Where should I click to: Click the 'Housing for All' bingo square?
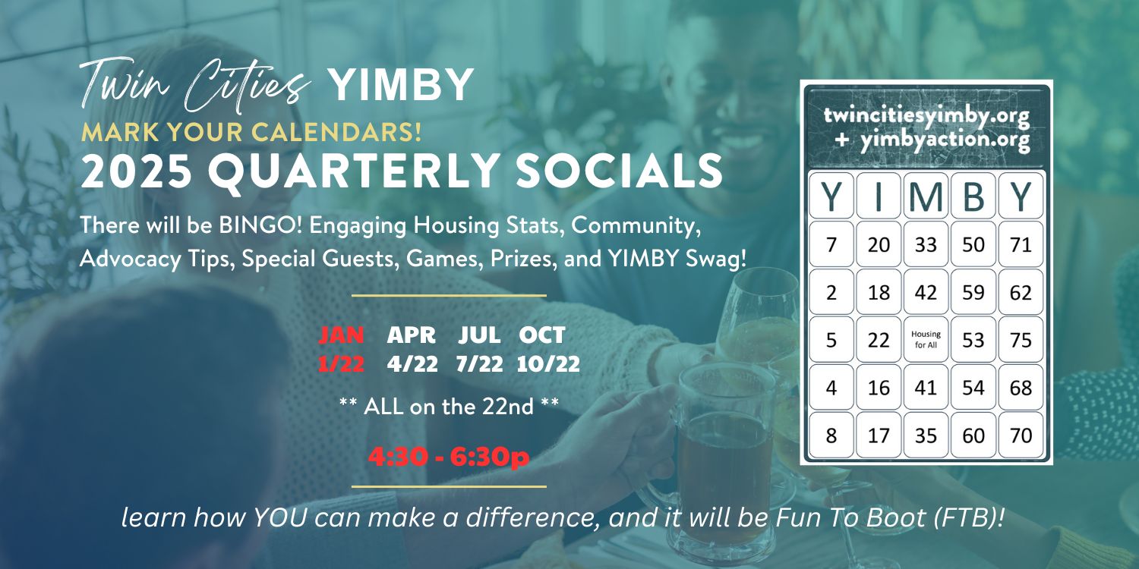926,339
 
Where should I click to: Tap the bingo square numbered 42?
926,292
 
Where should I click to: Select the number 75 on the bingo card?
1021,339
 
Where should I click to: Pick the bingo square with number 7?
831,244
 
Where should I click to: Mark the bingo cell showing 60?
973,435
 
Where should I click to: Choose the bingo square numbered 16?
879,388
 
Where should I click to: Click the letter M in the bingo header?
926,196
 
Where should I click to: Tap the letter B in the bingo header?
973,196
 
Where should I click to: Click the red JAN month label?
341,335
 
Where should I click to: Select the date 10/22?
548,364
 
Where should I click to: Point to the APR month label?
412,335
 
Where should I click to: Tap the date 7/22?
479,364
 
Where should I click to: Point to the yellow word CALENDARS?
336,132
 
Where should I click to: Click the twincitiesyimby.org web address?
926,116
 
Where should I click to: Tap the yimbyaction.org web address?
945,140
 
